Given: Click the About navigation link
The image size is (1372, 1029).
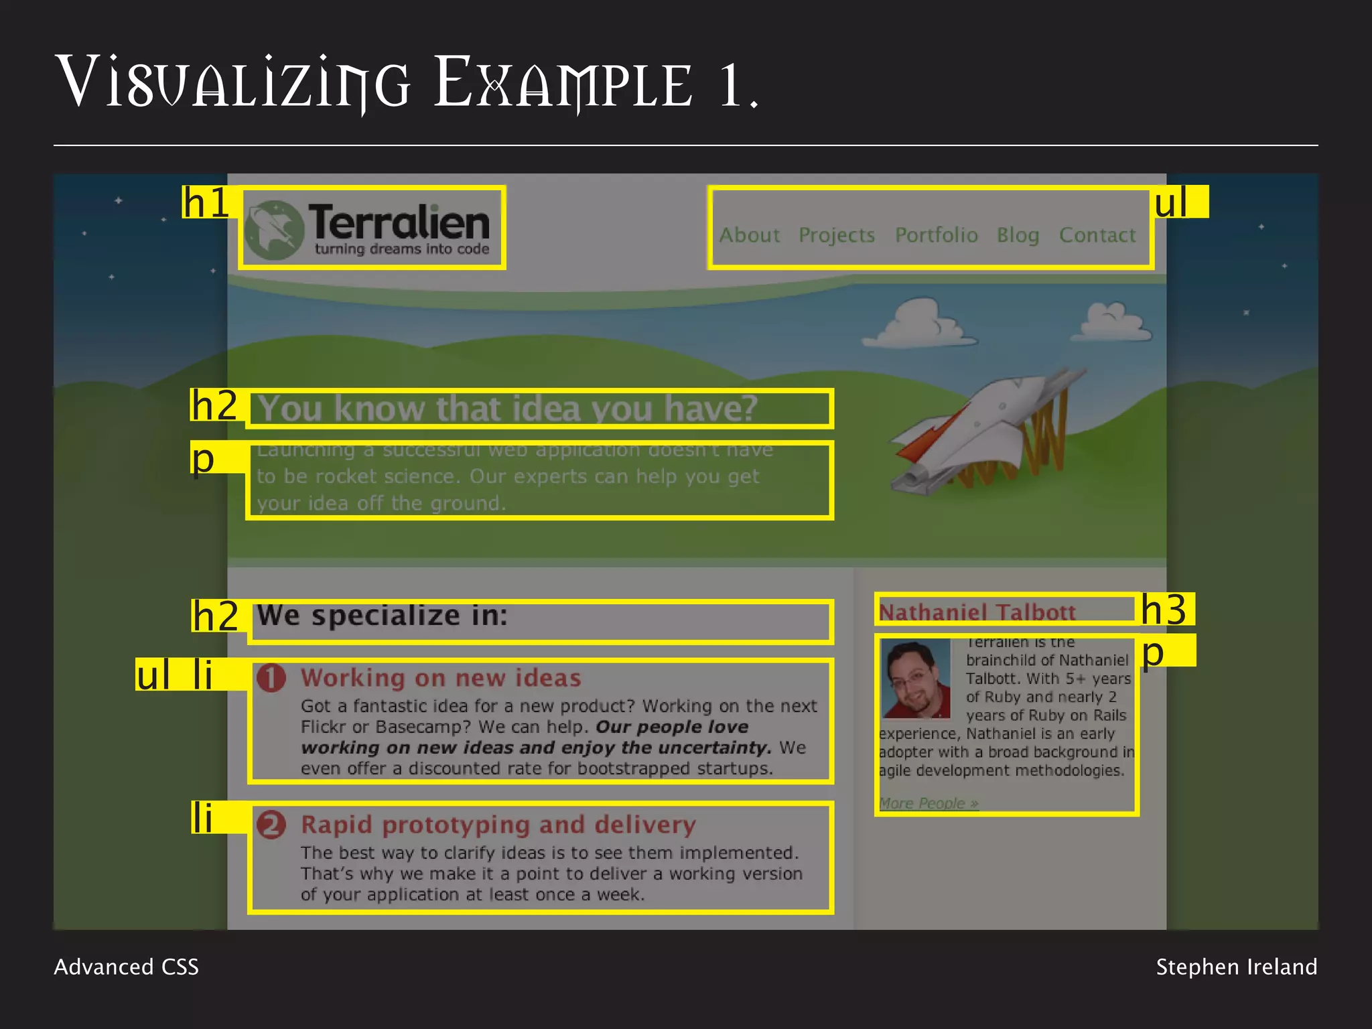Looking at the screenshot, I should click(x=750, y=235).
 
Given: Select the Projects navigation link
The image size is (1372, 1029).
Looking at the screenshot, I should click(x=837, y=235).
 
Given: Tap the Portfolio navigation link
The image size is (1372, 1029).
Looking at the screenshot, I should click(x=936, y=235).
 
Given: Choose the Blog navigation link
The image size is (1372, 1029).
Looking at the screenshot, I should click(x=1018, y=235).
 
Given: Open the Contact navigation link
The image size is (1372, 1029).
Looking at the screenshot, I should click(x=1097, y=235).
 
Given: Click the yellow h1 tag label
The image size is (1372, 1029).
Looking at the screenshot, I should click(x=206, y=202).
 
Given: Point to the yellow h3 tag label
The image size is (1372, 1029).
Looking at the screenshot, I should click(x=1165, y=610).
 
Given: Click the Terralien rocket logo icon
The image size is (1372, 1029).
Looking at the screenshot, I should click(x=273, y=230).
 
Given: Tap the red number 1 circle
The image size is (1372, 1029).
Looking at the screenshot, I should click(x=271, y=678).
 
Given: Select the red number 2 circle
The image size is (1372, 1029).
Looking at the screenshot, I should click(x=271, y=825).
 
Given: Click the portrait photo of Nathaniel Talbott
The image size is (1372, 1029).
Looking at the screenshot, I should click(x=915, y=678).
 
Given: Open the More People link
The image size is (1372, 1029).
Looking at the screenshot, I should click(x=929, y=803).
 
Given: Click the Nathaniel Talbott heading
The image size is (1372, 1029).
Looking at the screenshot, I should click(x=977, y=612).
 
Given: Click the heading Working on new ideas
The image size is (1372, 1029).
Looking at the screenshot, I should click(x=441, y=678).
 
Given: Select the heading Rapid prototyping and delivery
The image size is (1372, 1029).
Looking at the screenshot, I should click(x=498, y=825).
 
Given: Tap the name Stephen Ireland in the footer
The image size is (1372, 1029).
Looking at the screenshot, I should click(x=1236, y=967).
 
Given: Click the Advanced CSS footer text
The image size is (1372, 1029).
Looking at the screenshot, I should click(x=126, y=967).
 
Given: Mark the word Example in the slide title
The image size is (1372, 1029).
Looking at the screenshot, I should click(x=563, y=84).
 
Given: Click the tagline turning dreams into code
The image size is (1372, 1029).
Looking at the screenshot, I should click(x=402, y=249).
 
